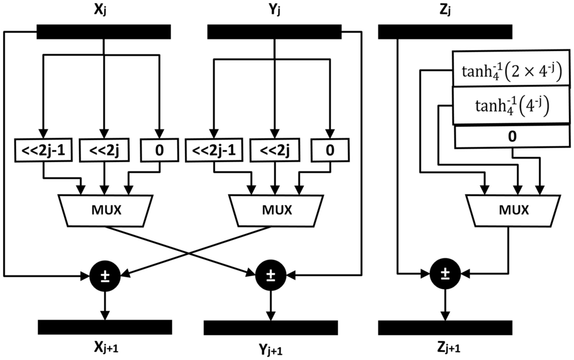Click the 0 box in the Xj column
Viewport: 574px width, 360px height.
[x=159, y=150]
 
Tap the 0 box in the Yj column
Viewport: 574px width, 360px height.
[x=330, y=150]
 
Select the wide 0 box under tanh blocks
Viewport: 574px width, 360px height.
[x=512, y=136]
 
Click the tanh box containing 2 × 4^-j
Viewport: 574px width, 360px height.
[x=510, y=68]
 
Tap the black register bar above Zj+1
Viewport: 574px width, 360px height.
[x=444, y=328]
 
